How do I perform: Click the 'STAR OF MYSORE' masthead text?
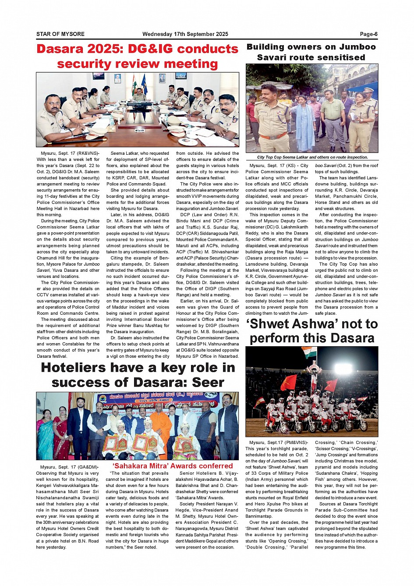click(x=60, y=34)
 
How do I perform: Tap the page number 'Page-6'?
click(x=368, y=34)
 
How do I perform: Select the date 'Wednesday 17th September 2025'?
click(x=185, y=34)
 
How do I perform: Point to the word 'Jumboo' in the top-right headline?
click(x=357, y=47)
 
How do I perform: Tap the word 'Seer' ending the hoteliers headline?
click(x=208, y=383)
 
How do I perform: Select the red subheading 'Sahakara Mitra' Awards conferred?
click(x=173, y=466)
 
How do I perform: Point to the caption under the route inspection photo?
click(x=312, y=157)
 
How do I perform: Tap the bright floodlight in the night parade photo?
click(x=343, y=369)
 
